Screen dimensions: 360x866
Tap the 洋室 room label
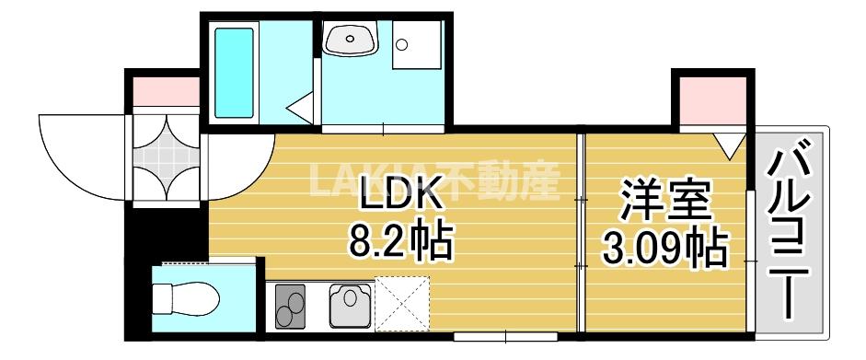663,202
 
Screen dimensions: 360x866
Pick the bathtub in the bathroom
234,70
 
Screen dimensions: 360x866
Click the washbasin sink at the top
350,41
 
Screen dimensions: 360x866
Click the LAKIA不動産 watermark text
433,181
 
